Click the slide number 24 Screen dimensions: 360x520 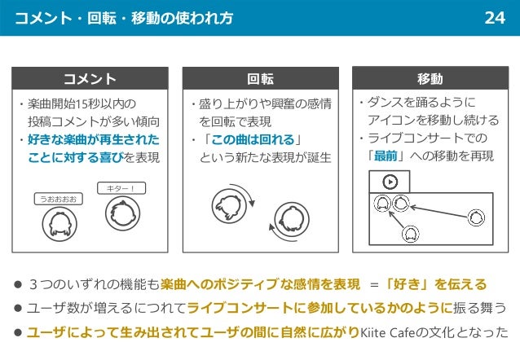(495, 17)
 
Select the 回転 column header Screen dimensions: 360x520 (260, 79)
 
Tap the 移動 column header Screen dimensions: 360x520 (430, 78)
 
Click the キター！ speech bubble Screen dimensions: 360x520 (121, 189)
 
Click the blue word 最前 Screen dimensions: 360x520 (386, 156)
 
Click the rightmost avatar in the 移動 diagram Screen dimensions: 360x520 (476, 217)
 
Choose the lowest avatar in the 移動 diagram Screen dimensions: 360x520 (411, 235)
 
